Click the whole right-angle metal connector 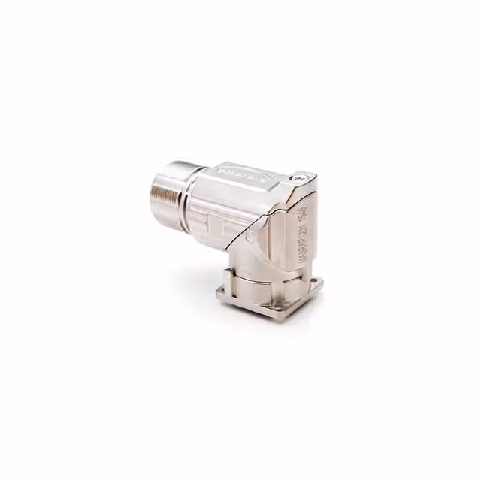(240, 233)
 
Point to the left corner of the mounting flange (219, 295)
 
